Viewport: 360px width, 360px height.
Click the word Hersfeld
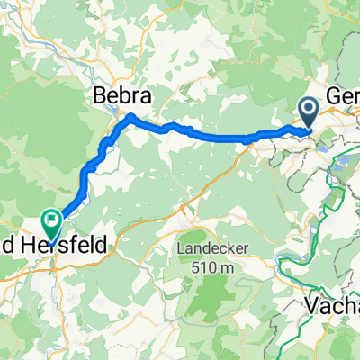[x=67, y=244]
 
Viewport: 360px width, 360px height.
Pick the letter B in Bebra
[x=99, y=95]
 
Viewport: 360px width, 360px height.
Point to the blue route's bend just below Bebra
[x=131, y=118]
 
